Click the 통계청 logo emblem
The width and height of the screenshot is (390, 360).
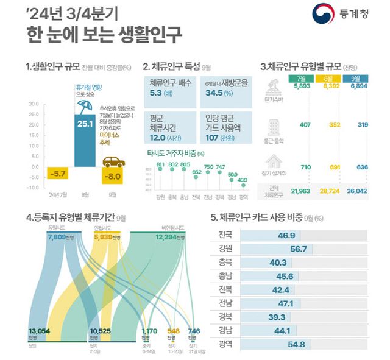[x=323, y=15]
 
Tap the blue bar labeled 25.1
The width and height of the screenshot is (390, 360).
[x=85, y=140]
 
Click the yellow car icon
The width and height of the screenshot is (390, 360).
[x=113, y=162]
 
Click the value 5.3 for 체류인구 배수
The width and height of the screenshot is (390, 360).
[x=159, y=94]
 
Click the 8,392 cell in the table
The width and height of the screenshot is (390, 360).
[x=327, y=86]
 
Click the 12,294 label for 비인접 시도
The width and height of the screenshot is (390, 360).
[x=172, y=236]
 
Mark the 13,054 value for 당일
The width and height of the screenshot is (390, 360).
[x=38, y=331]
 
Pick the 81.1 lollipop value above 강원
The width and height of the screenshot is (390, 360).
[x=160, y=164]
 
